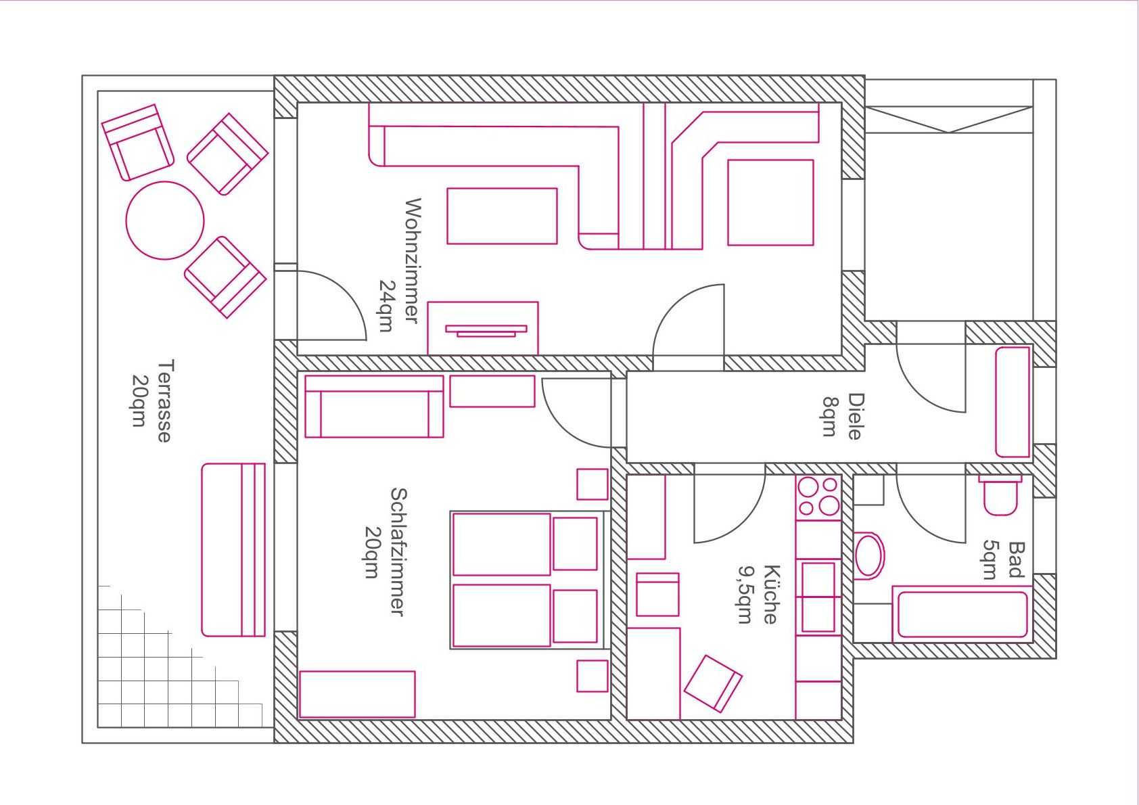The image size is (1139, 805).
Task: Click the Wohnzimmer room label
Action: point(413,260)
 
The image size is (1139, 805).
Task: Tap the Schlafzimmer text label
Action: point(398,552)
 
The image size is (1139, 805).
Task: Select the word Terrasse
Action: point(165,400)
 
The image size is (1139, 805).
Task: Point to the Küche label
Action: point(770,594)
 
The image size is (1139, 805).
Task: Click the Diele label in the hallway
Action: point(856,416)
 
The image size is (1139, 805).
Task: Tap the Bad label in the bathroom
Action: point(1016,560)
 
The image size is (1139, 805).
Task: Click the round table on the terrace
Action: point(165,221)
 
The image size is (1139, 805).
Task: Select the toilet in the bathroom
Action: point(1000,495)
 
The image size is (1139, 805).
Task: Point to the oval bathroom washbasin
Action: point(870,556)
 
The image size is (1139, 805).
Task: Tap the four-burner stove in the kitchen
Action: point(818,497)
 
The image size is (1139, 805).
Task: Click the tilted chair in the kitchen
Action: point(713,683)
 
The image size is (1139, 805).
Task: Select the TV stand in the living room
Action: point(482,328)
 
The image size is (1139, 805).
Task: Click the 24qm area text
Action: point(386,306)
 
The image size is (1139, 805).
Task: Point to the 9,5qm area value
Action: point(745,595)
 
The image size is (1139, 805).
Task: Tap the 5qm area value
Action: point(990,560)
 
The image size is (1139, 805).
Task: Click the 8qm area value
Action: point(829,417)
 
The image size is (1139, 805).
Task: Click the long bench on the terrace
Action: point(233,550)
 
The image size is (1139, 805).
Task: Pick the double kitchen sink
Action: point(818,597)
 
